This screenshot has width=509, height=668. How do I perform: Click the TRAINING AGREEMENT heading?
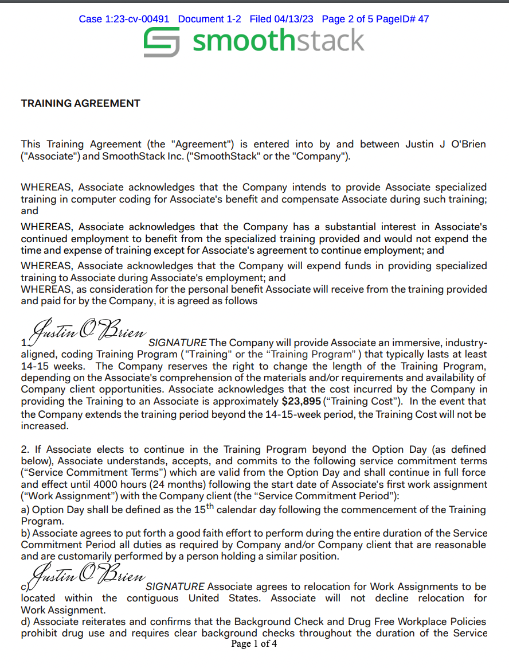point(80,103)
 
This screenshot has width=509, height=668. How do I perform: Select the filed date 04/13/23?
point(294,19)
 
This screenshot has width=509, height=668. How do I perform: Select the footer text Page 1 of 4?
point(254,644)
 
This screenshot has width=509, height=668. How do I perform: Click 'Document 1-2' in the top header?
point(209,19)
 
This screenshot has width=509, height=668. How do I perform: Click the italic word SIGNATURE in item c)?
point(175,587)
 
